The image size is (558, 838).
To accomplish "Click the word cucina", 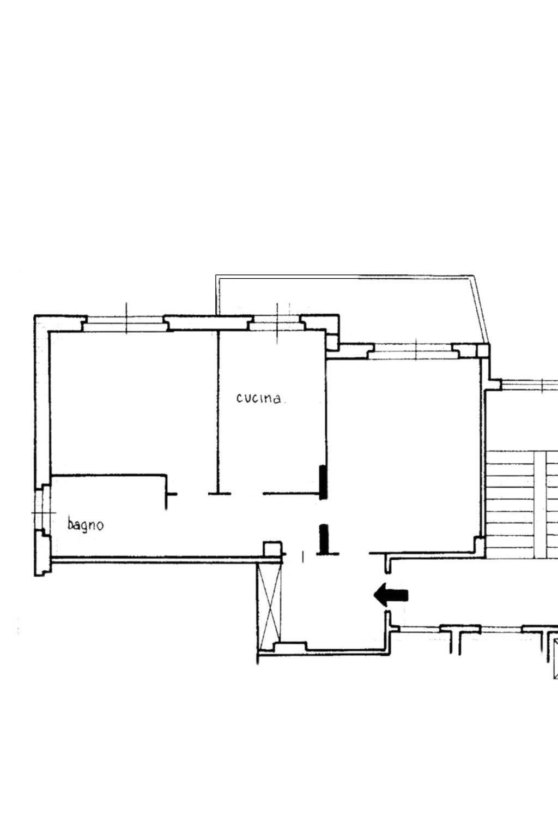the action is pos(258,398).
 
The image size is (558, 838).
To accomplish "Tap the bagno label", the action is pos(85,524).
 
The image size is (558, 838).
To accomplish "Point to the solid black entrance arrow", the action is pos(391,595).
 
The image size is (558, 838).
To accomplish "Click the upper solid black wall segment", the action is pos(323,482).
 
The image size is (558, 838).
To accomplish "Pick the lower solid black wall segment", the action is pos(324,538).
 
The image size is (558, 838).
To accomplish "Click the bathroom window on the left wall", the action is pos(42,512).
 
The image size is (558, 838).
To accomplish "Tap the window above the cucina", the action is pos(277,323).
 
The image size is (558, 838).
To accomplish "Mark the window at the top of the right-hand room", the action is pos(416,352).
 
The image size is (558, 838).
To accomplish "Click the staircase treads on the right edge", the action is pos(521,505).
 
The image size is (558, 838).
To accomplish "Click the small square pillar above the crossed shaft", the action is pos(272,549).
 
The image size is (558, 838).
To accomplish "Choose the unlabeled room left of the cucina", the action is pos(134,403).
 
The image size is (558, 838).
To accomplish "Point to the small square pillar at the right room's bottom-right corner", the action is pos(480,544).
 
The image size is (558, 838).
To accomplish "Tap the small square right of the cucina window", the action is pos(331,342).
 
